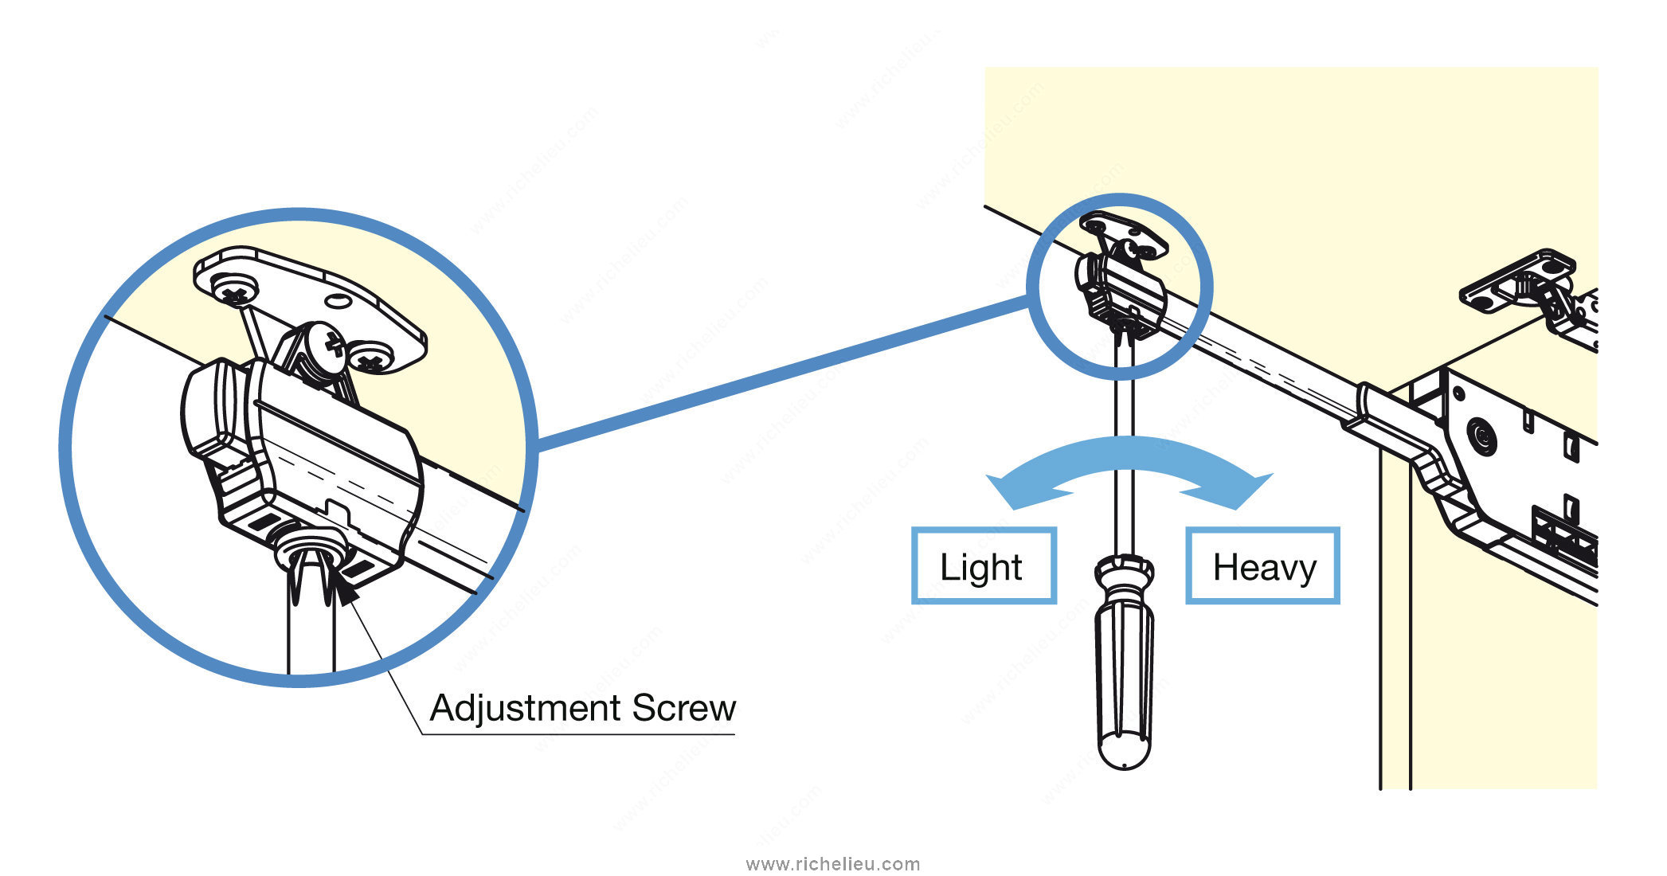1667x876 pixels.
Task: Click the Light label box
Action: coord(984,565)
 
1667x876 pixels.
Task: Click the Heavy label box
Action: coord(1262,565)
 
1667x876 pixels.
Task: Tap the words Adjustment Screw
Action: coord(582,708)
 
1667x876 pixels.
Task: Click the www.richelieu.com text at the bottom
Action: coord(833,864)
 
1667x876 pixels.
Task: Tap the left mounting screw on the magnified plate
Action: coord(233,291)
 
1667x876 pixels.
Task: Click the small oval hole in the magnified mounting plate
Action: coord(338,302)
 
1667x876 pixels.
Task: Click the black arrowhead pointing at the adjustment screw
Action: coord(345,590)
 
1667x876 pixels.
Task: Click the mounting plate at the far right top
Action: coord(1517,282)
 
